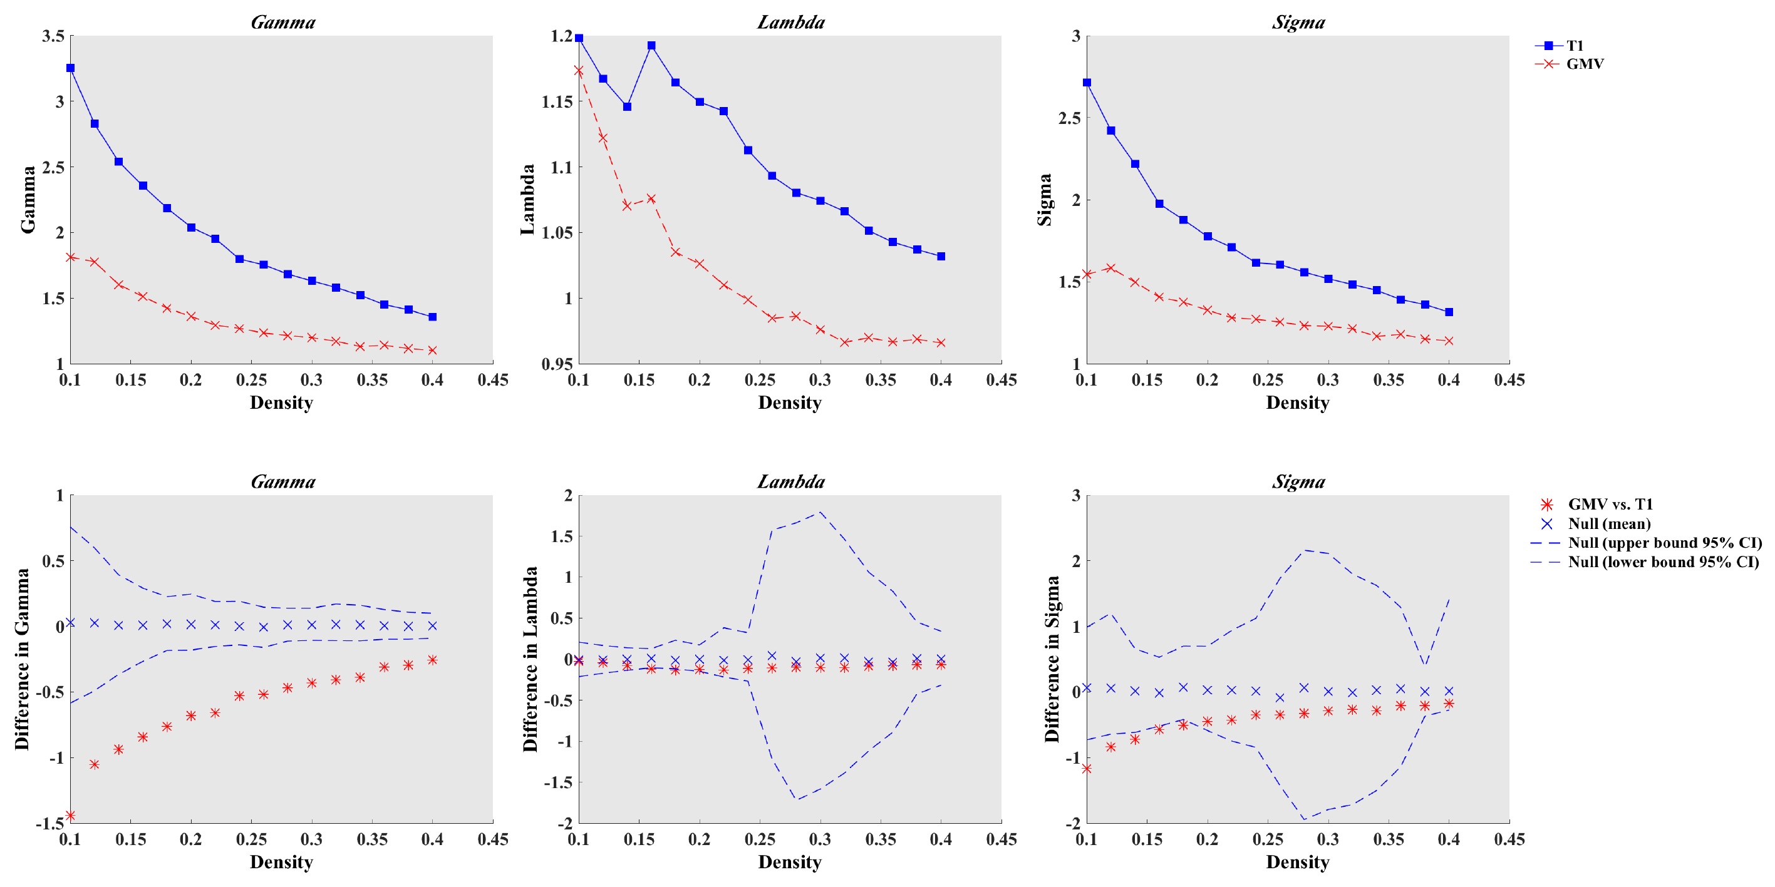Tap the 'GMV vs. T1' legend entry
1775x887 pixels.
point(1610,504)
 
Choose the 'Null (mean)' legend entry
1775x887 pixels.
point(1609,524)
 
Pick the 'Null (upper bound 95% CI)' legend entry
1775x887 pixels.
point(1664,543)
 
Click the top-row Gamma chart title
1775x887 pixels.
point(282,22)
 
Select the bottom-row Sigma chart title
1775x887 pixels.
point(1298,481)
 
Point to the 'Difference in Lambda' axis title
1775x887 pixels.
point(530,659)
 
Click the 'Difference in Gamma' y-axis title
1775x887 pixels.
point(22,659)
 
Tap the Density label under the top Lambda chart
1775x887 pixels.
point(790,403)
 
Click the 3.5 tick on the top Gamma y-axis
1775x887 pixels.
point(53,36)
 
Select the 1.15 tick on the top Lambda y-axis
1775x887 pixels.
point(557,102)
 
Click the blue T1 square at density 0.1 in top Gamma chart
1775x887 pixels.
point(70,68)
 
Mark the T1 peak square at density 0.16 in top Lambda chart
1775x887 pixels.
point(651,46)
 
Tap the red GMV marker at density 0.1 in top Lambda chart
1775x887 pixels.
point(579,71)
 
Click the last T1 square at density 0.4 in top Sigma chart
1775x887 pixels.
point(1449,312)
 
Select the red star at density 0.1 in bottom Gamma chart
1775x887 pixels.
point(70,816)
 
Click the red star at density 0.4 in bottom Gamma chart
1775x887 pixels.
point(432,660)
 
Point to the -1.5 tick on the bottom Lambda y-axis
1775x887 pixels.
point(557,783)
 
